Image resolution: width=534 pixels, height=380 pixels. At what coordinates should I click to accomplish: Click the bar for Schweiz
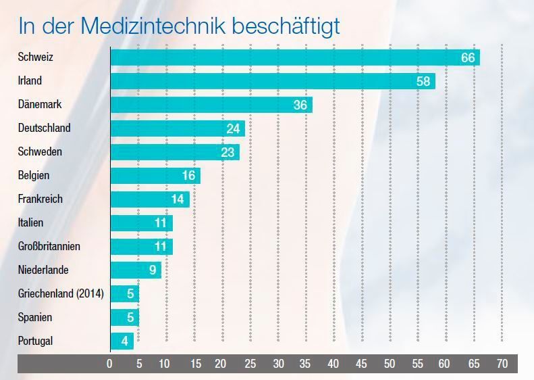point(294,57)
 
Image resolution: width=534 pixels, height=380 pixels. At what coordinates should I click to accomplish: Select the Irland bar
point(272,81)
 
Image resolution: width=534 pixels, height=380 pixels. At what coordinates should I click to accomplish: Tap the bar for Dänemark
point(211,105)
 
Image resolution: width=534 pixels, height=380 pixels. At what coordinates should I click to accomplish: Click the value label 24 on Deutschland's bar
point(234,128)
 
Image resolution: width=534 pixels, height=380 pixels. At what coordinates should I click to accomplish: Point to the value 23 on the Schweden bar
point(228,152)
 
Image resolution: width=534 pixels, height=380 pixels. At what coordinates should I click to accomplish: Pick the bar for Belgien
point(155,176)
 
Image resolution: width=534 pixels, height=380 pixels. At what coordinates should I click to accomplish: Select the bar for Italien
point(141,223)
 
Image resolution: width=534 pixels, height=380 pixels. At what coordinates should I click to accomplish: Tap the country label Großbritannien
point(49,246)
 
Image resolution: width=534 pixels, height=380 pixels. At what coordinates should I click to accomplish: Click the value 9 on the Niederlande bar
point(153,270)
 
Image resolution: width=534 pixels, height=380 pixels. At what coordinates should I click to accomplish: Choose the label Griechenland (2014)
point(60,293)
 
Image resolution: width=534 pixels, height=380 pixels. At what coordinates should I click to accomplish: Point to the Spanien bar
point(124,318)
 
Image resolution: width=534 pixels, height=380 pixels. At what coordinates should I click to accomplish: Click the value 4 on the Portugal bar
point(125,341)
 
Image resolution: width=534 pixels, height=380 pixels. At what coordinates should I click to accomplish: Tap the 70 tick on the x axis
point(501,364)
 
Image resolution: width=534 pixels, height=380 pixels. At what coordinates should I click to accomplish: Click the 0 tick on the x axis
point(110,364)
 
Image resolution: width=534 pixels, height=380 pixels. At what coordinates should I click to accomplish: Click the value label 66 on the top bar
point(468,57)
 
